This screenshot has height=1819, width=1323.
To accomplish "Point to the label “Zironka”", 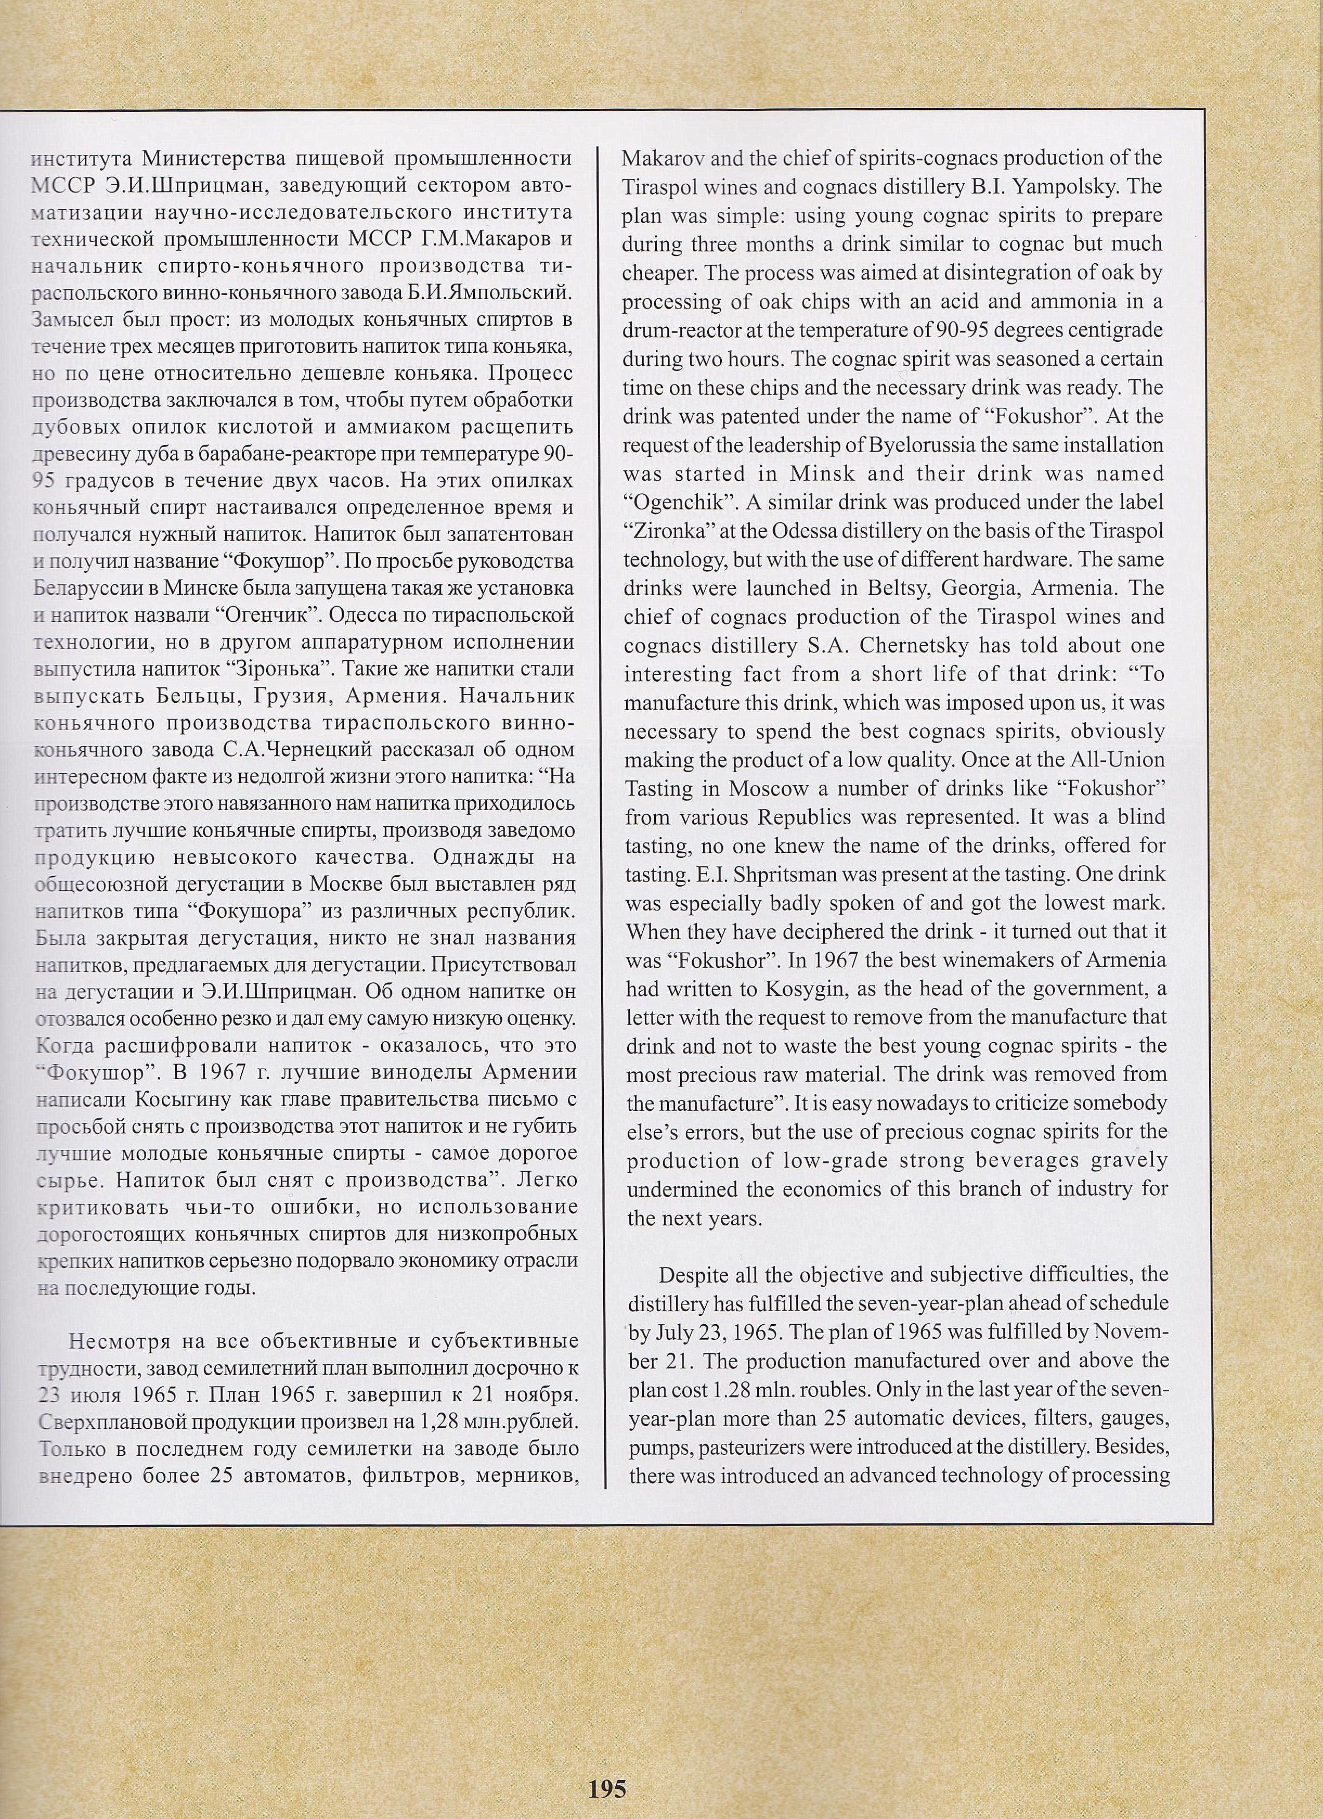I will (x=663, y=531).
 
